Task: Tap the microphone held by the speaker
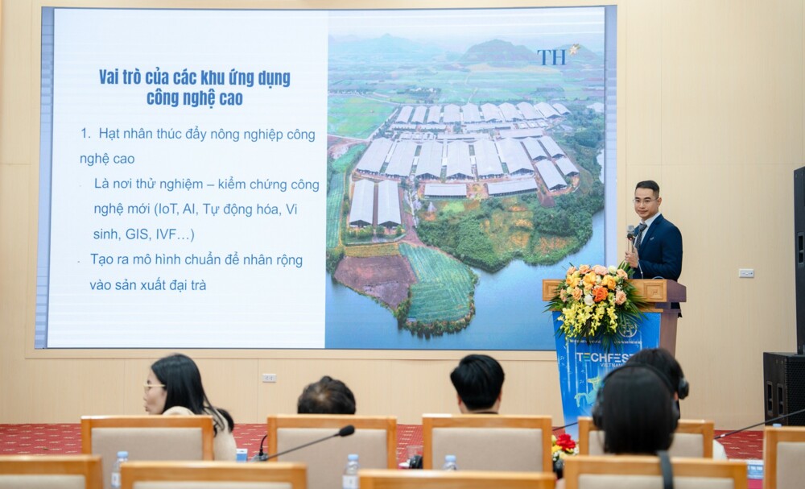point(631,234)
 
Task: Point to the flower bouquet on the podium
point(596,300)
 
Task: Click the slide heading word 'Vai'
point(110,77)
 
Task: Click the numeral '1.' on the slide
point(85,134)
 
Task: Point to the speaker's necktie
point(640,235)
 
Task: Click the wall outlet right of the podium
point(746,273)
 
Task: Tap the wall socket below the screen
point(269,378)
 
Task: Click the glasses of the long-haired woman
point(153,386)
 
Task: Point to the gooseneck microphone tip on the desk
point(346,430)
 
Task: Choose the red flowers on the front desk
point(565,442)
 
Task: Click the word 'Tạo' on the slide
point(101,259)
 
